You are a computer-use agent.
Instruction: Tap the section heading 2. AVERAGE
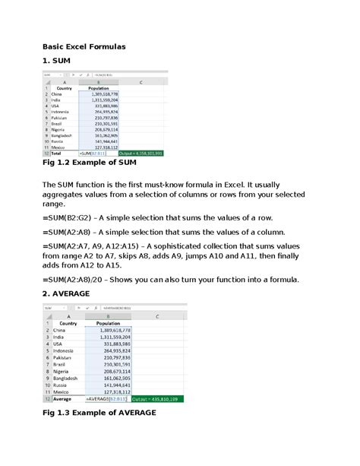(66, 293)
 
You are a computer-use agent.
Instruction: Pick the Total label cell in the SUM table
(56, 153)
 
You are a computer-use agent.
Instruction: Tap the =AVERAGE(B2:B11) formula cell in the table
(107, 398)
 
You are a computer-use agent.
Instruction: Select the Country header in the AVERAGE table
(68, 323)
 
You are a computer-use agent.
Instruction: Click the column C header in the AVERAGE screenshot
(156, 315)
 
